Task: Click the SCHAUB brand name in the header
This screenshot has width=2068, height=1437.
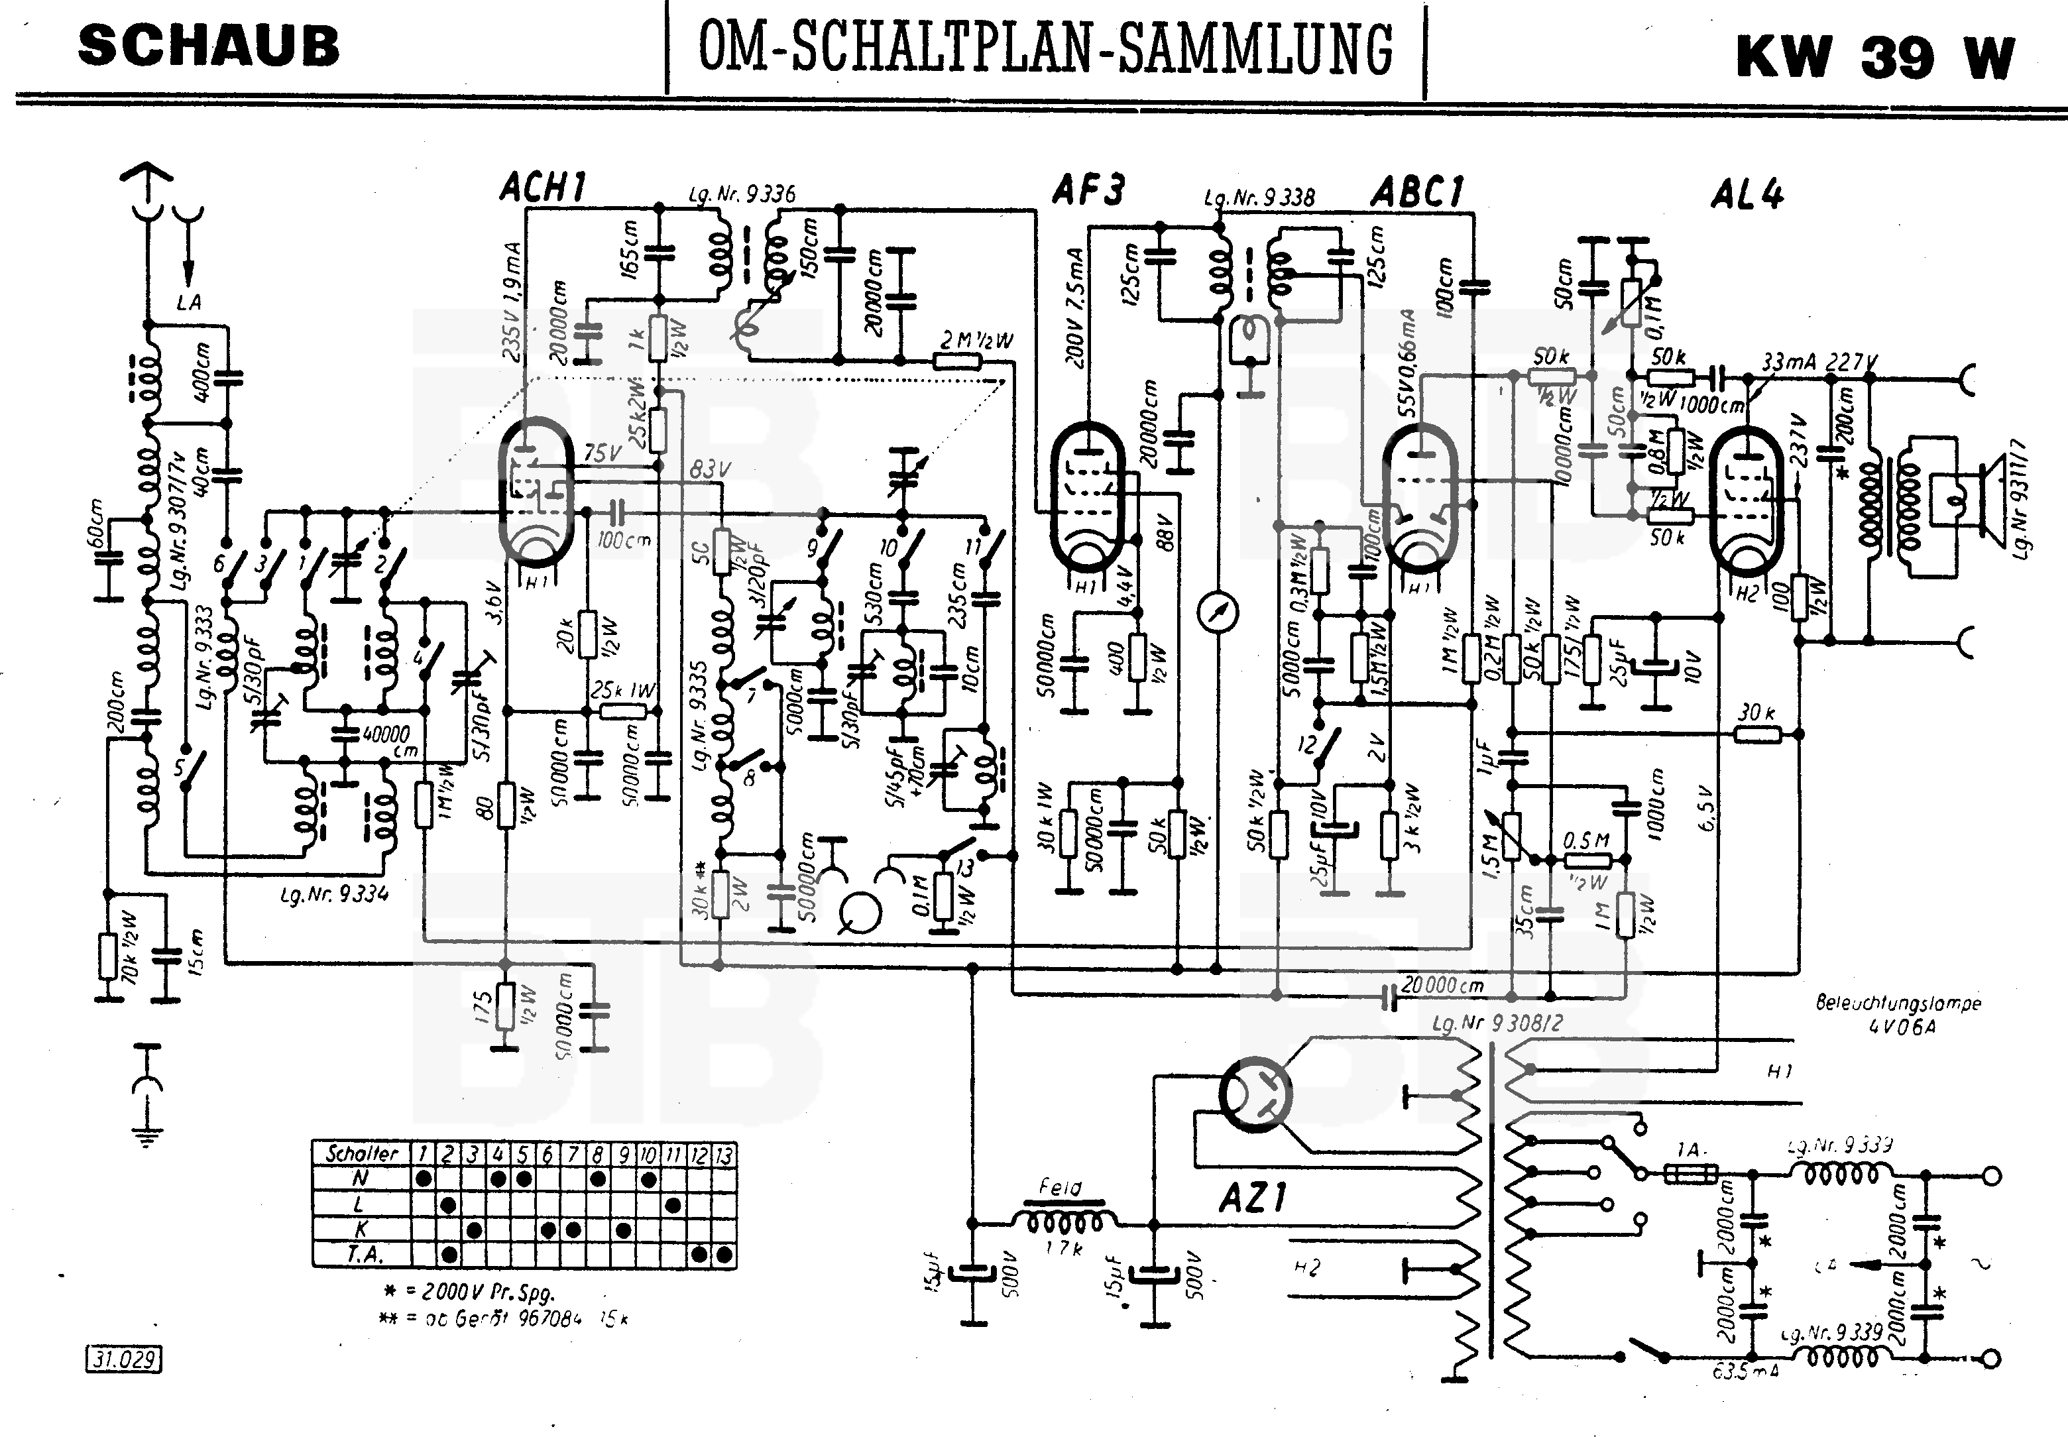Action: [x=209, y=47]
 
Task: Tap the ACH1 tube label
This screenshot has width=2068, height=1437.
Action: [x=543, y=188]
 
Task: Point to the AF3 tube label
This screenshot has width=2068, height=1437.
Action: [x=1088, y=190]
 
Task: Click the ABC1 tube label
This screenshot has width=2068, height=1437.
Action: [x=1417, y=192]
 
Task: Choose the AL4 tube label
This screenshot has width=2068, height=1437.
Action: [x=1747, y=194]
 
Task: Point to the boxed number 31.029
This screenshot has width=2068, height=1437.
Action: [x=123, y=1359]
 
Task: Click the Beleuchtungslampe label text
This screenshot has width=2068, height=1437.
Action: [x=1898, y=1003]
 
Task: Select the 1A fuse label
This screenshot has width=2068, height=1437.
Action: [x=1688, y=1150]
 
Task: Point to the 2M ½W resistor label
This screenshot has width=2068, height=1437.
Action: [x=977, y=340]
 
